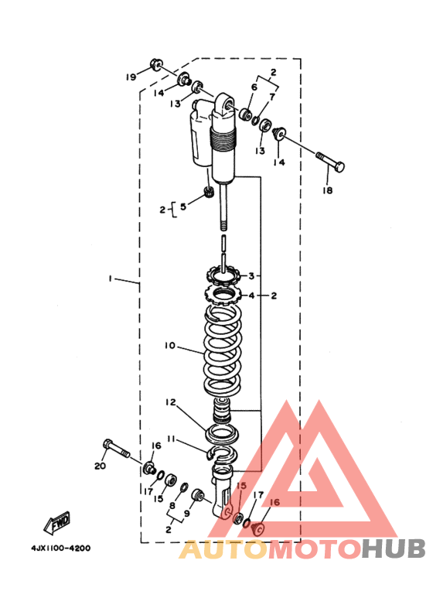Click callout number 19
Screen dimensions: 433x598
coord(131,77)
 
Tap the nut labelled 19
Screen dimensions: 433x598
coord(156,64)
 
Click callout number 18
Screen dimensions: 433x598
coord(327,190)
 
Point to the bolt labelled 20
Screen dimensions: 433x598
coord(116,449)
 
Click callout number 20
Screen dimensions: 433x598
coord(101,466)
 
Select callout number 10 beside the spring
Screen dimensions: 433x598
coord(169,346)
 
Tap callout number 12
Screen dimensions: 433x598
coord(171,402)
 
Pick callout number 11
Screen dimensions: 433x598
coord(171,439)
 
